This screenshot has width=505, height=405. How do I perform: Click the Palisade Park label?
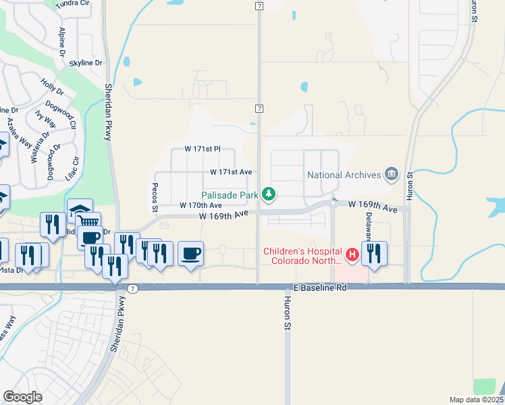[230, 195]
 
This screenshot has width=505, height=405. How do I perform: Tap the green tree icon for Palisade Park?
[269, 195]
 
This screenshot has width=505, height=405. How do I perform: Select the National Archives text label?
[344, 175]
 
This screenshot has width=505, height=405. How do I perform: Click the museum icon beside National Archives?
[391, 175]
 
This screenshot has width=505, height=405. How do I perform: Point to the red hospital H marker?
[351, 254]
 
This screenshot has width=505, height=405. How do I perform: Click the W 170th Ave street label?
[200, 205]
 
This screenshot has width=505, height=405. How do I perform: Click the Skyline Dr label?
[86, 63]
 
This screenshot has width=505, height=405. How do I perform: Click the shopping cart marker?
[88, 221]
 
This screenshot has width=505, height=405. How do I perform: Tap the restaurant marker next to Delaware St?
[374, 254]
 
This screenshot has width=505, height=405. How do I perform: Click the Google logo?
[22, 396]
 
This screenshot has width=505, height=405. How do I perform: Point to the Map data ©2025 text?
[475, 400]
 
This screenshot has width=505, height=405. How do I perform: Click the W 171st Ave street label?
[230, 172]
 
